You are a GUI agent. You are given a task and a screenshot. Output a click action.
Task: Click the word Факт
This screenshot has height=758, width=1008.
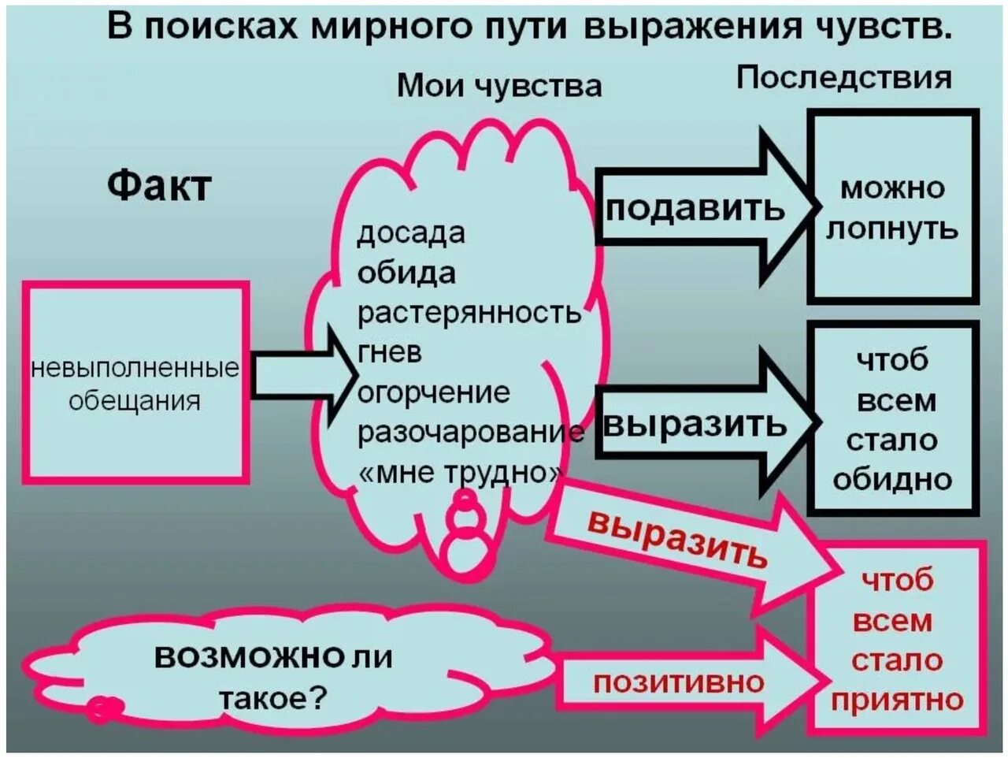tap(159, 186)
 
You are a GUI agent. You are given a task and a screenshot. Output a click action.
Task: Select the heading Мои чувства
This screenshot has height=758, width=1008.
tap(499, 85)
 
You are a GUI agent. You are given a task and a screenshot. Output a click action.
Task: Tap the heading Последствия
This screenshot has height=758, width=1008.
tap(843, 77)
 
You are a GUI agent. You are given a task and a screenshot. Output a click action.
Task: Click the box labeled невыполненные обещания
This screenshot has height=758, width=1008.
tap(135, 383)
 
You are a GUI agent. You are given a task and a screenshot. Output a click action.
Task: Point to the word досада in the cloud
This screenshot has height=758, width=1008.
tap(410, 232)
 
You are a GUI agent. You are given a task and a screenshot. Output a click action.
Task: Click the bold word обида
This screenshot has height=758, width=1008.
tap(406, 273)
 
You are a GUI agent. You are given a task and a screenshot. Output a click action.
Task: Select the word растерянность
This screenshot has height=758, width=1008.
tap(469, 313)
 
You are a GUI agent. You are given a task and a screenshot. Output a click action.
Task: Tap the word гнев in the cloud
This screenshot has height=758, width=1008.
tap(390, 352)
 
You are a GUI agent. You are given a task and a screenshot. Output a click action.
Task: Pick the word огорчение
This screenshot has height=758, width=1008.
tap(433, 392)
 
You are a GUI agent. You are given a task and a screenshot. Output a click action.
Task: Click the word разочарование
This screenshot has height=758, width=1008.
tap(471, 432)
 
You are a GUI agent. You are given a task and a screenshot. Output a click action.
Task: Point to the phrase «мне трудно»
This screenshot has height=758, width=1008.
tap(461, 472)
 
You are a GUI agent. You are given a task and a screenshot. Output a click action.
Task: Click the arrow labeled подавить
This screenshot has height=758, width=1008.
tap(697, 208)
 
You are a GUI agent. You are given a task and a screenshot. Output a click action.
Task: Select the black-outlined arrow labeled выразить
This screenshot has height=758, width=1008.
tap(697, 424)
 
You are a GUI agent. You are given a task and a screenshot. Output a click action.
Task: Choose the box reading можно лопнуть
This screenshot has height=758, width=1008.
tap(893, 207)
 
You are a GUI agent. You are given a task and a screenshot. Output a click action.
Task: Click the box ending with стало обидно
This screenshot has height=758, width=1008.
tap(893, 418)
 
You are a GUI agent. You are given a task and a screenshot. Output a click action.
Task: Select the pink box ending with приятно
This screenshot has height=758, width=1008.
tap(898, 638)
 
